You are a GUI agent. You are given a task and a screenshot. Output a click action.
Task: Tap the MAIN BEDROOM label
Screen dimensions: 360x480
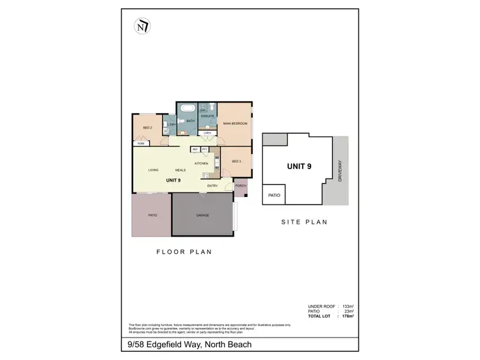tap(235, 123)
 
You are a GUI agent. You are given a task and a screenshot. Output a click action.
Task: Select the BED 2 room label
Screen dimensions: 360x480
tap(147, 128)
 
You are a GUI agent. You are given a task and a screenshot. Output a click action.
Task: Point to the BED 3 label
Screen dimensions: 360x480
tap(236, 161)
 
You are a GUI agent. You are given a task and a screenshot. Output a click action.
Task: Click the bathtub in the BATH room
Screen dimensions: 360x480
tap(188, 109)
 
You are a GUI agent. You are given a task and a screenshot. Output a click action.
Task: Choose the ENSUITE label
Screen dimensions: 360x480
tap(207, 116)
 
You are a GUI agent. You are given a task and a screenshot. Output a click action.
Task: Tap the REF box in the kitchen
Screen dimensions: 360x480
tap(195, 150)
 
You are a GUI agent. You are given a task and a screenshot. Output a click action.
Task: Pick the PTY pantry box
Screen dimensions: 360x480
tap(204, 150)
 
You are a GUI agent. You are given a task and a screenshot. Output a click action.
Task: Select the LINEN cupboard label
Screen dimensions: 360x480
tap(207, 133)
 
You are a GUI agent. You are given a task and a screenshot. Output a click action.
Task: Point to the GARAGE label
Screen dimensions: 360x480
tap(202, 215)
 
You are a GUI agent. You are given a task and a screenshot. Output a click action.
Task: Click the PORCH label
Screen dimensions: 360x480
tap(241, 186)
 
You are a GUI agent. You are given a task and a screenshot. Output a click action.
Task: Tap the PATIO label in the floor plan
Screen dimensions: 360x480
tap(152, 215)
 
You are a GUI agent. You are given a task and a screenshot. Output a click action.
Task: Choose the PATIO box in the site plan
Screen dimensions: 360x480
tap(274, 195)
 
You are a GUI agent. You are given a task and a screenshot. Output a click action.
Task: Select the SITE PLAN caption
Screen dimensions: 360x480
tap(305, 223)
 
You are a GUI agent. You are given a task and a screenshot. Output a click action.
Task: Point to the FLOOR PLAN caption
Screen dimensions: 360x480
tap(184, 252)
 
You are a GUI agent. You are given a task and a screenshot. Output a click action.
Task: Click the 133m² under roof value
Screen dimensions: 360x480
tap(348, 307)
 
